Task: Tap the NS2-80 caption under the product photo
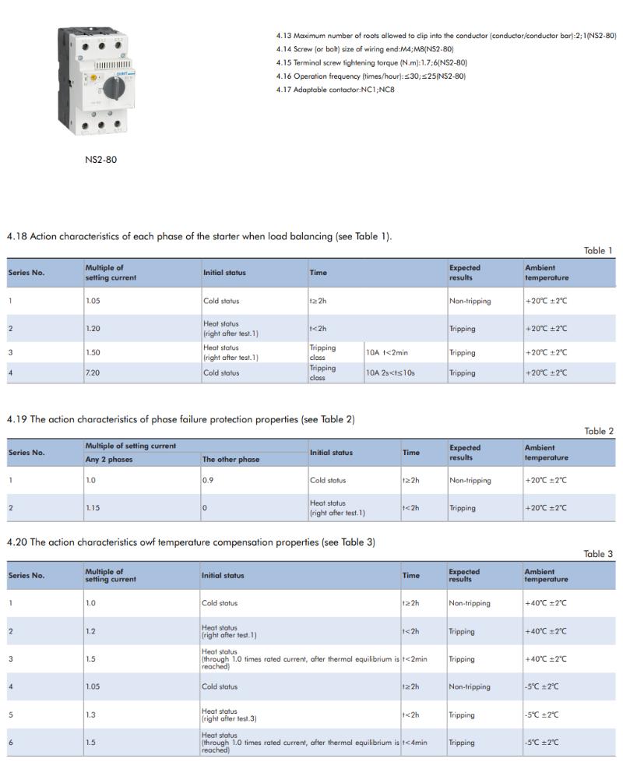(100, 160)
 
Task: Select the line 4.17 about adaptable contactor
(335, 90)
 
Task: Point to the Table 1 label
(598, 251)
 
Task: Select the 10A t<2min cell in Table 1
(387, 352)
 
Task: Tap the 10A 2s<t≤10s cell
(390, 372)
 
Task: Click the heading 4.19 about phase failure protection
(181, 419)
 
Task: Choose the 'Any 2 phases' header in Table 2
(109, 460)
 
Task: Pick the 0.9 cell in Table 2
(207, 480)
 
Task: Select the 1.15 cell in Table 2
(93, 508)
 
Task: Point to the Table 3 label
(598, 554)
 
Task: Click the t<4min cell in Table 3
(414, 743)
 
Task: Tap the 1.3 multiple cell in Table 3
(90, 715)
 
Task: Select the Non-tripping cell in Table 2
(470, 480)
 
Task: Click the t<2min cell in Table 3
(414, 659)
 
